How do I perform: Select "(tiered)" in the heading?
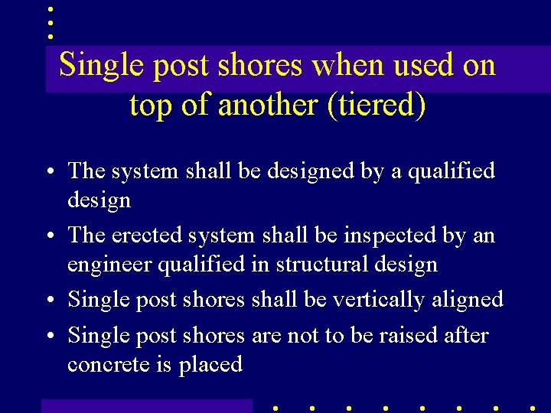coord(376,105)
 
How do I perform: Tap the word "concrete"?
coord(109,365)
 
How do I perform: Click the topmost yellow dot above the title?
coord(50,10)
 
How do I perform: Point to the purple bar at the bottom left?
coord(146,405)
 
